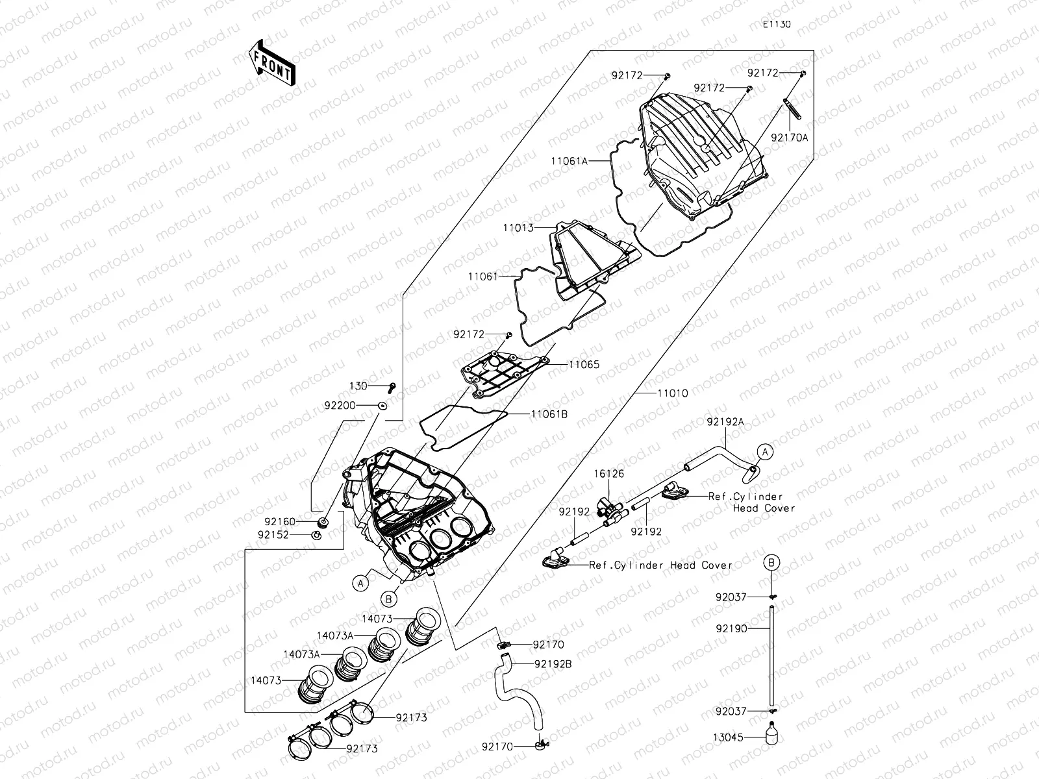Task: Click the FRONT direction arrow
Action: (x=271, y=63)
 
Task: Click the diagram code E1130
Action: (x=777, y=24)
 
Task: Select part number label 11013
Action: (x=518, y=228)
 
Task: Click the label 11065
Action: (x=584, y=365)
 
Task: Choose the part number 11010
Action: (x=672, y=393)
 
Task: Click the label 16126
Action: (x=608, y=474)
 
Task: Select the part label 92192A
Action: (x=725, y=421)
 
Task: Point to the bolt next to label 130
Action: (x=391, y=387)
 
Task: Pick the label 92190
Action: (x=731, y=628)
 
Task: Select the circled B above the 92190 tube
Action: (x=771, y=562)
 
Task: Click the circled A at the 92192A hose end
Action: (x=765, y=451)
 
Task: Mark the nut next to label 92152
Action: (x=316, y=535)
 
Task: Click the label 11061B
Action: (x=549, y=414)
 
